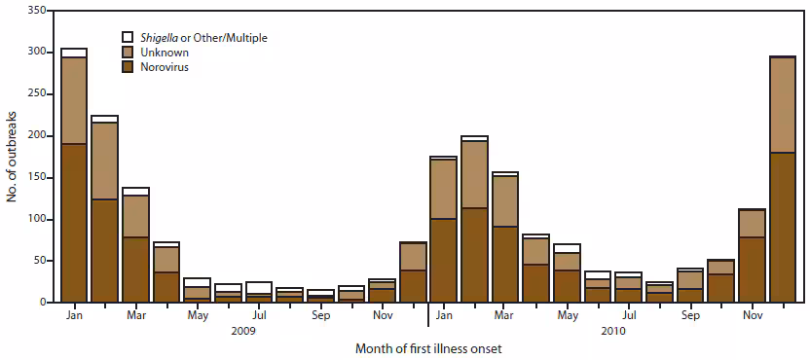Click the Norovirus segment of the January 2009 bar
click(74, 223)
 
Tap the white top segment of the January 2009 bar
click(74, 53)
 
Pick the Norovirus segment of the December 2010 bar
click(783, 228)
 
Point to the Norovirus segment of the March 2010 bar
click(505, 264)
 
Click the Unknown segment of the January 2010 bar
click(444, 189)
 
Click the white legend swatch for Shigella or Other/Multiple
click(129, 37)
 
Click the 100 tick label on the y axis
click(35, 219)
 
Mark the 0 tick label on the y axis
click(41, 303)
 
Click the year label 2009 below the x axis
click(243, 331)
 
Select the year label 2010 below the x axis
click(613, 331)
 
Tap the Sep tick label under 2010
click(690, 316)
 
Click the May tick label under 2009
click(197, 316)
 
